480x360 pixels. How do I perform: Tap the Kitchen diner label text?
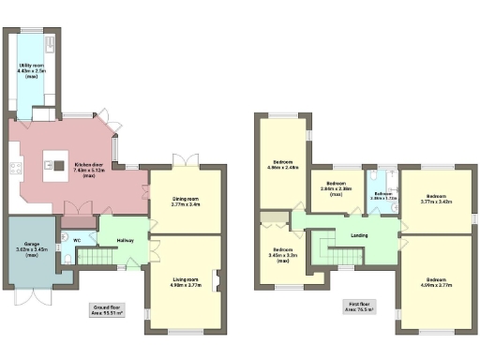click(89, 169)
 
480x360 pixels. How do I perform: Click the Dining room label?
click(187, 200)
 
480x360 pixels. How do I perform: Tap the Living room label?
click(187, 282)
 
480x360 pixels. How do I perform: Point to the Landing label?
click(358, 235)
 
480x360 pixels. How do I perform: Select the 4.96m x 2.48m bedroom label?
click(284, 164)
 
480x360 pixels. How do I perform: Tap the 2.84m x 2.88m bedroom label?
click(335, 187)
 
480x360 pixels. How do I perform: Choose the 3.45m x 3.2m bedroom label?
click(283, 253)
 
